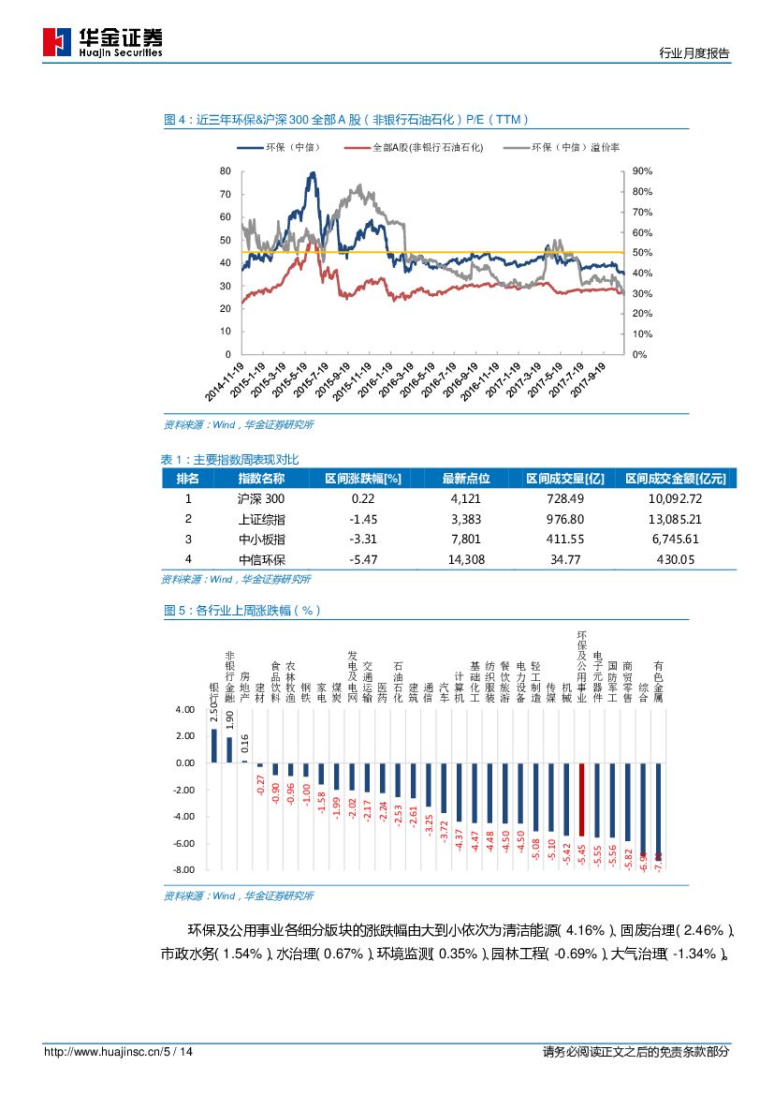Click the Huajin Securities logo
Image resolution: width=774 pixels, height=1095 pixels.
pyautogui.click(x=103, y=42)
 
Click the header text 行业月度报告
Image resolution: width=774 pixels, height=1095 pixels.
pyautogui.click(x=694, y=53)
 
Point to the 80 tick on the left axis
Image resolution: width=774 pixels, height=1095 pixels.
pyautogui.click(x=225, y=171)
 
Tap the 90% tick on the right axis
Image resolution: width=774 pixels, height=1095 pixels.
pyautogui.click(x=642, y=171)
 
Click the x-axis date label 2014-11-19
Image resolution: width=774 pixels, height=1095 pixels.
pyautogui.click(x=228, y=379)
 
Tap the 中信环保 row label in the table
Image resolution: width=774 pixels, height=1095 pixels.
pyautogui.click(x=262, y=559)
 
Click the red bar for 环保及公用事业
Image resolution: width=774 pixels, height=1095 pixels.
pyautogui.click(x=581, y=800)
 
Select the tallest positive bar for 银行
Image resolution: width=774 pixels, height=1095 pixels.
pyautogui.click(x=214, y=746)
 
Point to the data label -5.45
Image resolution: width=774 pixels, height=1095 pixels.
pyautogui.click(x=582, y=854)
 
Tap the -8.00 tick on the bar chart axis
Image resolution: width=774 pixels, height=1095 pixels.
pyautogui.click(x=183, y=870)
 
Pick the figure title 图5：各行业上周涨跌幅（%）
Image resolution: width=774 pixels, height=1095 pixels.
pyautogui.click(x=242, y=611)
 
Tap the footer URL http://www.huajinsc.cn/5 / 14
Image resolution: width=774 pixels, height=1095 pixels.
pyautogui.click(x=119, y=1052)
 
